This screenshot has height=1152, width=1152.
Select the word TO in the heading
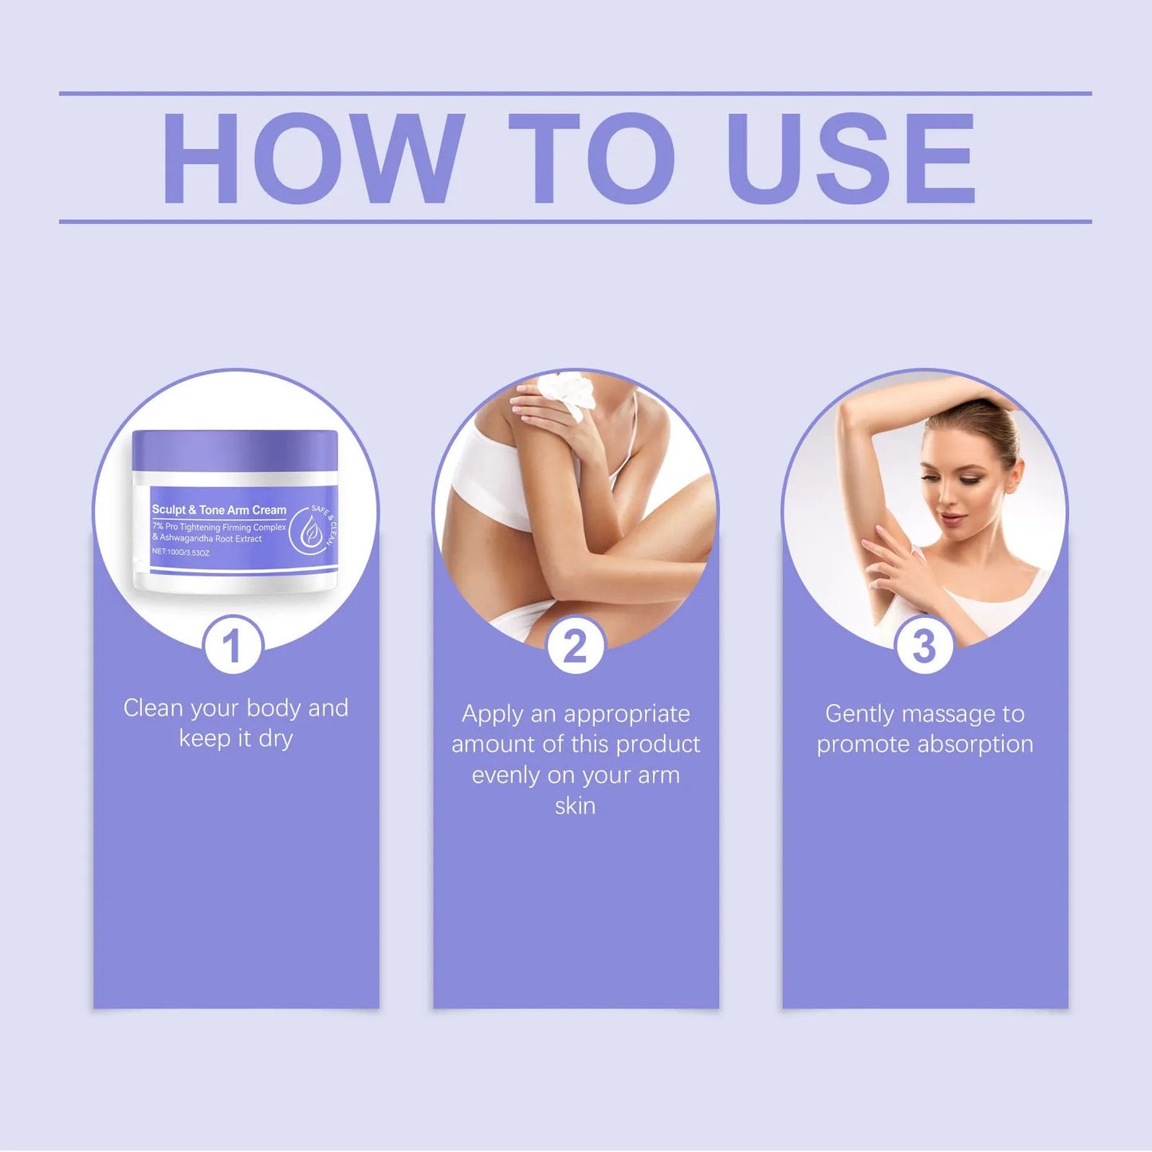point(591,159)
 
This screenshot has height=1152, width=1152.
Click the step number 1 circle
point(232,646)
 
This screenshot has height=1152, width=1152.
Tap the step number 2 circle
point(576,646)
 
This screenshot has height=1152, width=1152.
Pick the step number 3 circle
point(924,646)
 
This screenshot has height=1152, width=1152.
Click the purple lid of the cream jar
point(235,450)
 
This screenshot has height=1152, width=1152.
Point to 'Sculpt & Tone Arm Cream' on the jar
point(219,509)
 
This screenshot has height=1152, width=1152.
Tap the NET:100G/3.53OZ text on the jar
point(181,552)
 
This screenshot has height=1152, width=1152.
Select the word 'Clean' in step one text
point(154,708)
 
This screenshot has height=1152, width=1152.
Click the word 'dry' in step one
point(276,739)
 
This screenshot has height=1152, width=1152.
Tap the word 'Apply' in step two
point(492,714)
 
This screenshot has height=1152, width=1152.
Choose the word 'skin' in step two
point(575,806)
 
